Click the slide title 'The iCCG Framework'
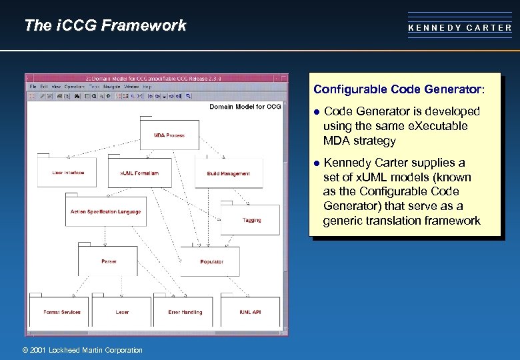tap(105, 26)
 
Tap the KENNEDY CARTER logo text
tap(460, 28)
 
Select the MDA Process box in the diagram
tap(169, 135)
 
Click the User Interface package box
tap(68, 173)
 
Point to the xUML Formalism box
tap(139, 173)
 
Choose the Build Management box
tap(228, 173)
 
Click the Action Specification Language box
tap(105, 211)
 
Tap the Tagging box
tap(251, 220)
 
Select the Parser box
tap(109, 261)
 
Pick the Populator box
tap(211, 262)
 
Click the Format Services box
tap(62, 312)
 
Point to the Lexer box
tap(122, 312)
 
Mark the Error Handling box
tap(185, 312)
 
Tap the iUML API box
tap(250, 312)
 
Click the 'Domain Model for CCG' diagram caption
tap(245, 107)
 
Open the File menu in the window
tap(33, 87)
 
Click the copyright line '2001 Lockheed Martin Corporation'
tap(82, 350)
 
